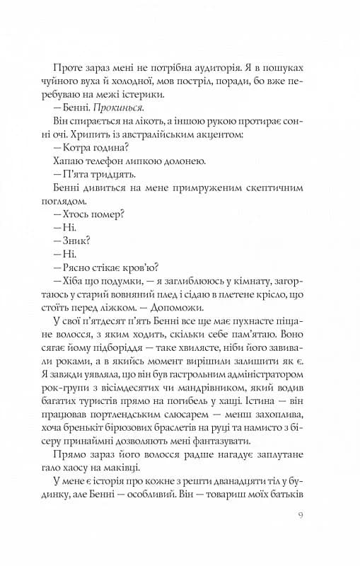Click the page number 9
302,525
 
